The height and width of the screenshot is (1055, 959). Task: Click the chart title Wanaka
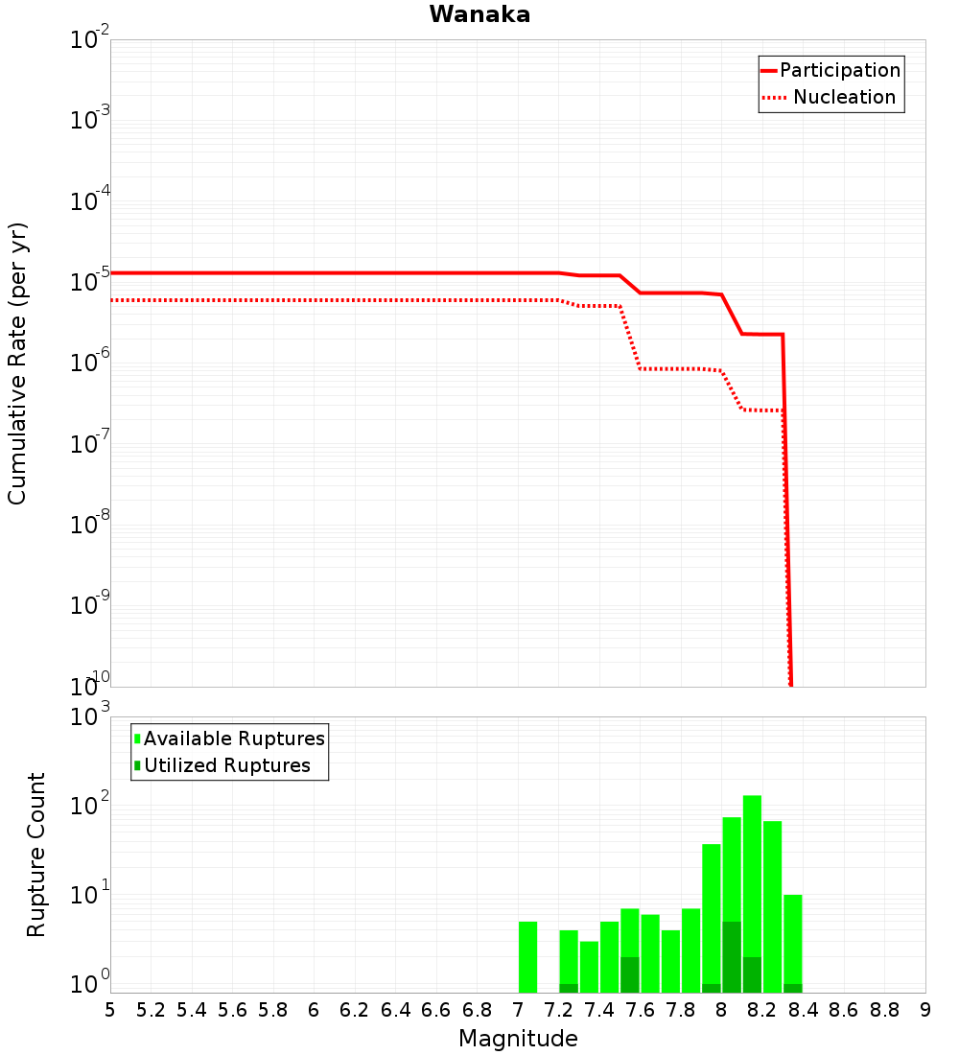click(x=479, y=14)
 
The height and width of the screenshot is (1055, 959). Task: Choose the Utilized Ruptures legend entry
click(x=226, y=765)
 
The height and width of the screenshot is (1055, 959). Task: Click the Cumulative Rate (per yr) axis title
click(x=17, y=363)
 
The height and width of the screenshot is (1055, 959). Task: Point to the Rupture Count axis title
click(x=36, y=855)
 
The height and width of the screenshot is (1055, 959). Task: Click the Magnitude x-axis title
click(x=518, y=1039)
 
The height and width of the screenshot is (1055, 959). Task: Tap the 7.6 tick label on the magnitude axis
click(x=640, y=1010)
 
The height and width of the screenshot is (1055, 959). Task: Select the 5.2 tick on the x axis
click(x=151, y=1010)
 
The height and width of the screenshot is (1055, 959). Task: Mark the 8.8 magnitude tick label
click(x=884, y=1010)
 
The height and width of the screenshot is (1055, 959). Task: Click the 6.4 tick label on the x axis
click(x=395, y=1010)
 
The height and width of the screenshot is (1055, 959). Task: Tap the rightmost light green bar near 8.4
click(x=792, y=940)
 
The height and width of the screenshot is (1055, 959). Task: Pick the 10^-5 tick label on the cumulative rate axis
click(x=90, y=282)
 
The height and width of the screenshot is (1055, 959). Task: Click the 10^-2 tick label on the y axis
click(x=90, y=40)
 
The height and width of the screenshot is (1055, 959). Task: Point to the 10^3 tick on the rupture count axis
click(x=90, y=717)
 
